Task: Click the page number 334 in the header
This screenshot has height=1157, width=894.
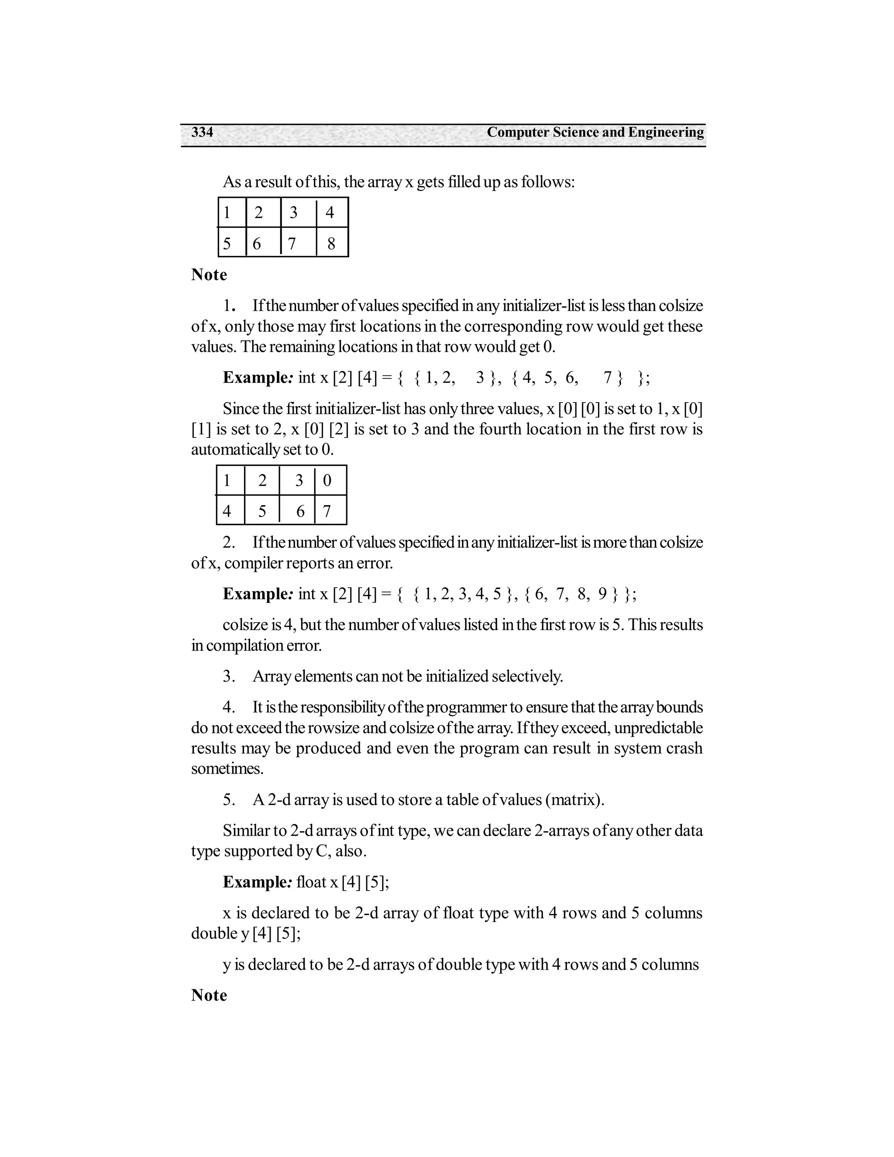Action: coord(202,132)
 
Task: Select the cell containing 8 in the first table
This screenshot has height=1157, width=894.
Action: coord(332,243)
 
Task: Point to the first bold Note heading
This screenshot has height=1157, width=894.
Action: coord(209,275)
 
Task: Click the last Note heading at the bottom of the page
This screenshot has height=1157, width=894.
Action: coord(209,995)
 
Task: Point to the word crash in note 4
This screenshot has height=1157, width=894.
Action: coord(685,748)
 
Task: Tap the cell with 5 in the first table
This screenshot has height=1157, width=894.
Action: coord(227,243)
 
